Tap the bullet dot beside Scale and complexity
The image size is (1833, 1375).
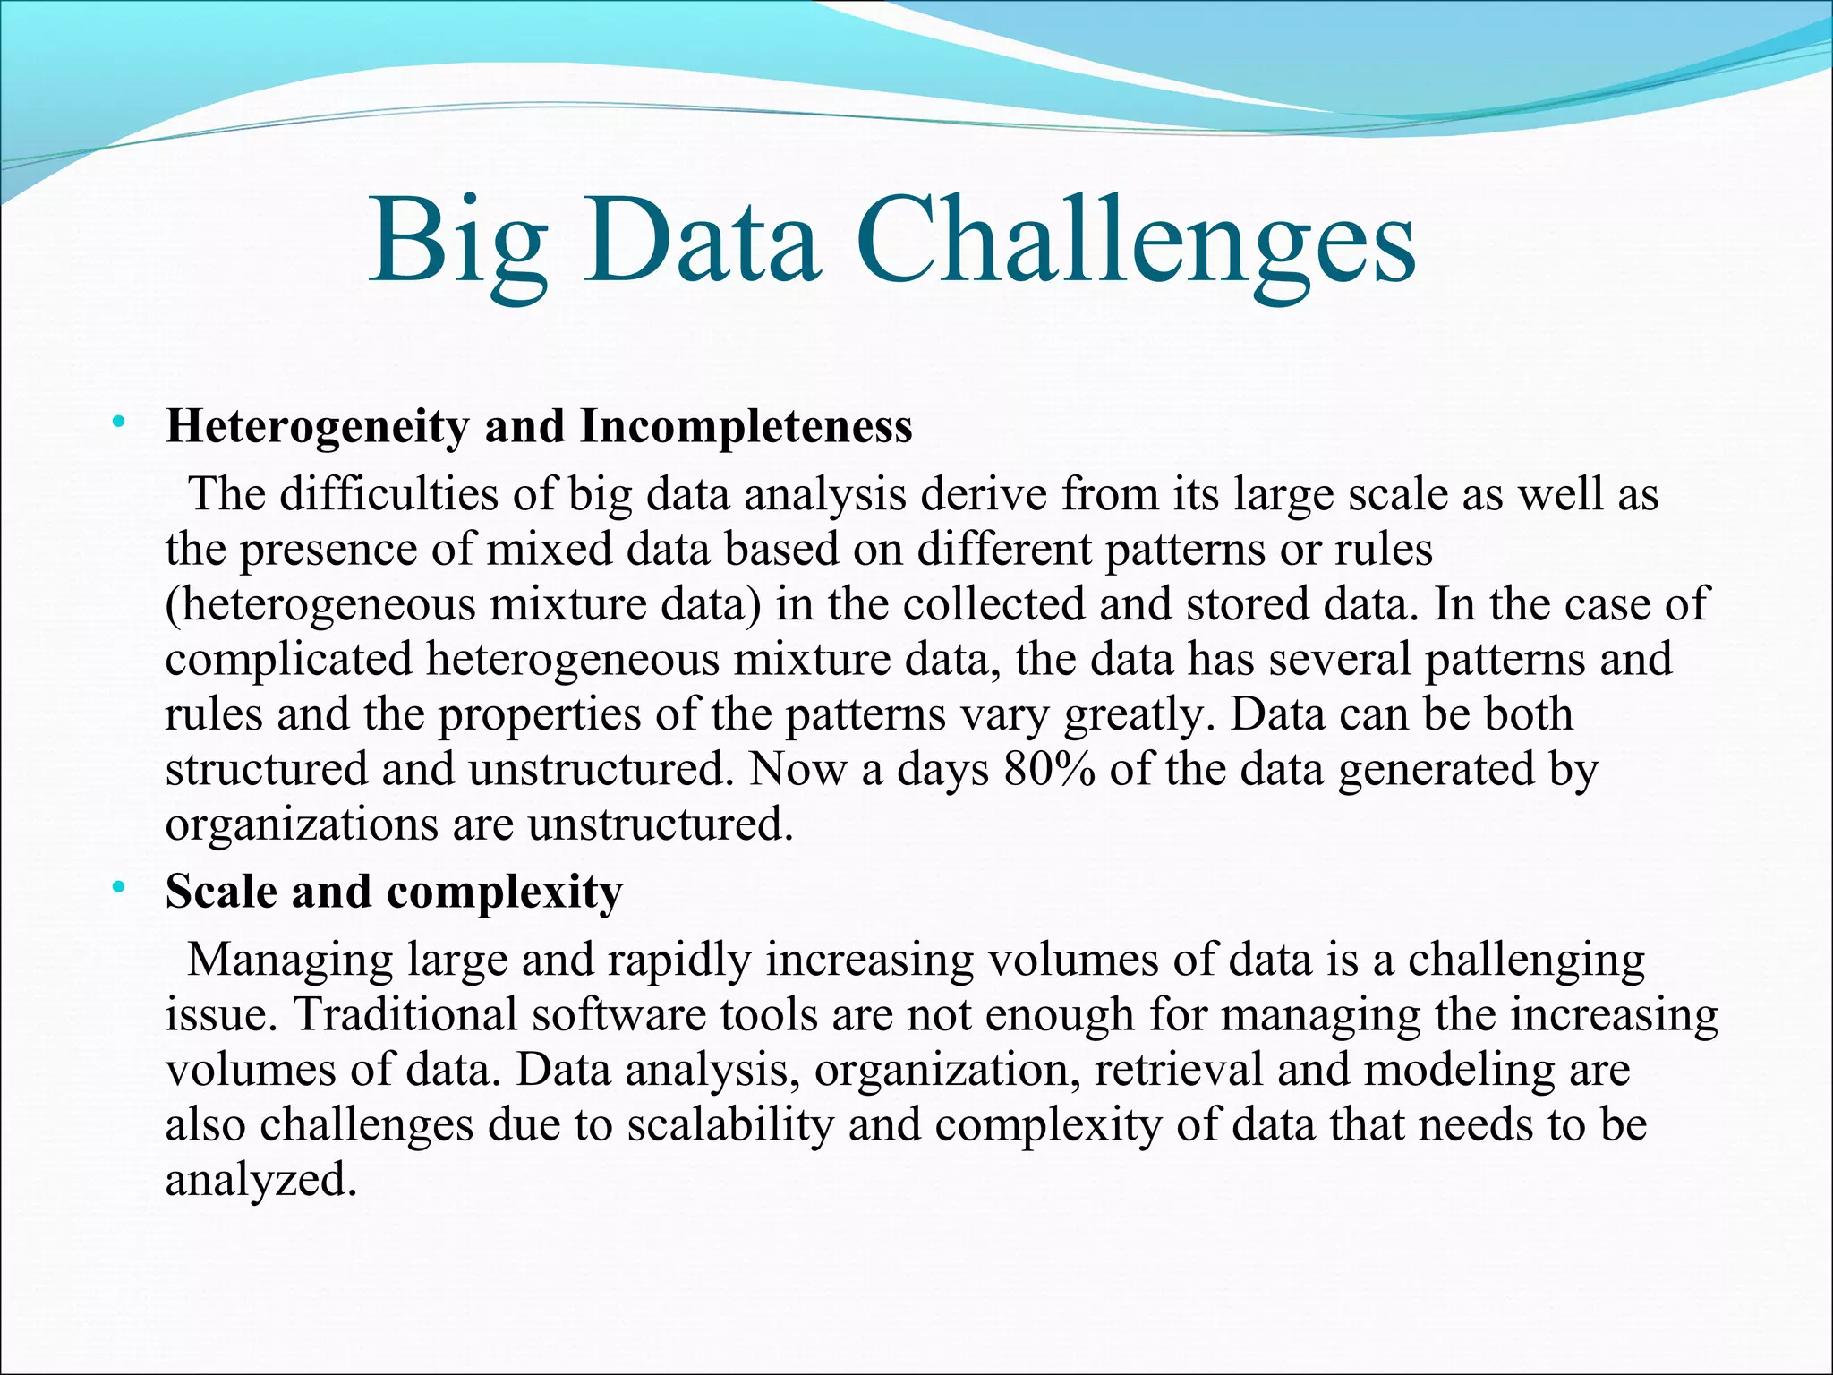point(117,887)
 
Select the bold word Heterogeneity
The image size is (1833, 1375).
point(317,427)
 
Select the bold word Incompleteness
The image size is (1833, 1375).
point(746,427)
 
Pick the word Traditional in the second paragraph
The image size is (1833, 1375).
point(405,1015)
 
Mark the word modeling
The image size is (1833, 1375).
point(1460,1071)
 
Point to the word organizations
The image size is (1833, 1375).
point(302,824)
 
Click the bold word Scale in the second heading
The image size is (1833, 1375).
point(221,892)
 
